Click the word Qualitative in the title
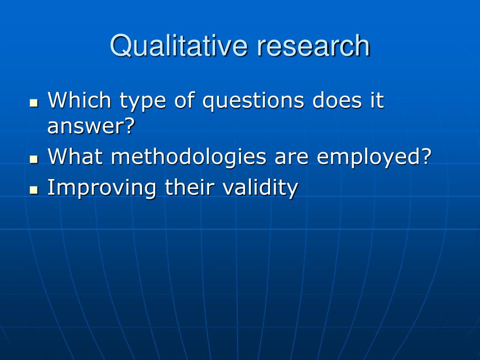click(179, 46)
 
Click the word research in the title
click(314, 46)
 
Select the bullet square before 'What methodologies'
click(34, 159)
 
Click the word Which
click(79, 100)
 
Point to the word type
click(142, 102)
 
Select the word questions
click(253, 102)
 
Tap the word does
click(337, 100)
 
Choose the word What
click(75, 156)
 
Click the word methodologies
click(188, 158)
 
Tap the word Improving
click(102, 188)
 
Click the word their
click(189, 187)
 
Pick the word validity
click(260, 188)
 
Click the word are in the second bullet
click(292, 158)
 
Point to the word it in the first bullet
click(377, 100)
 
